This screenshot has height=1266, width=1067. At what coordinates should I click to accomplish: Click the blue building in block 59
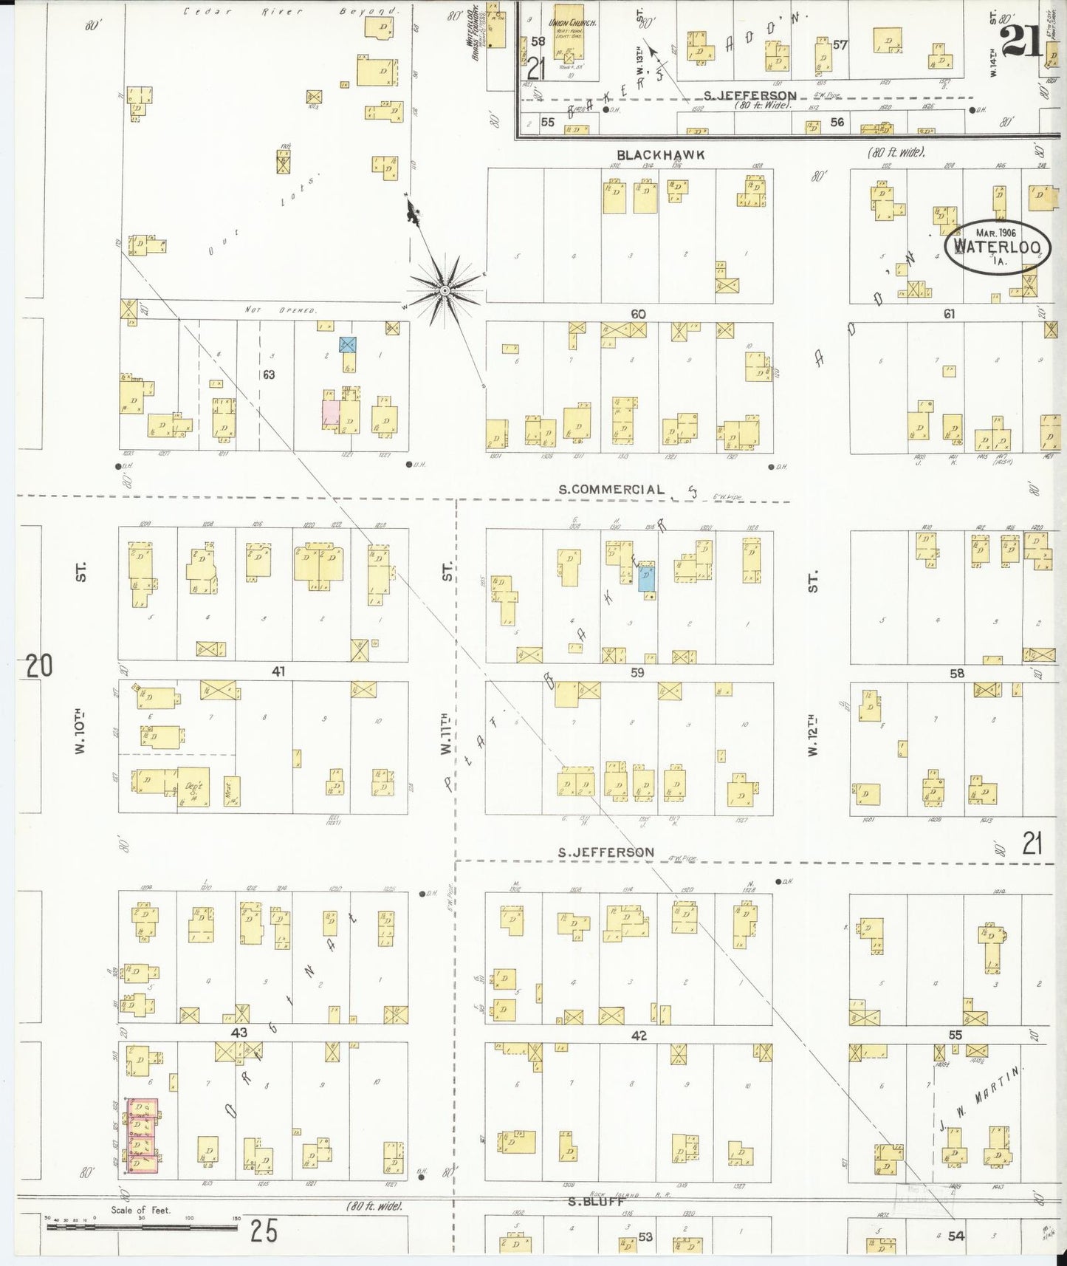pyautogui.click(x=646, y=576)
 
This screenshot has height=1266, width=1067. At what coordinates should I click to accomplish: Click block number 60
pyautogui.click(x=638, y=314)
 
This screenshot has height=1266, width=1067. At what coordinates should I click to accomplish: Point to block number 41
pyautogui.click(x=278, y=671)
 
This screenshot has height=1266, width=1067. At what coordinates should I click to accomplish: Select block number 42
pyautogui.click(x=639, y=1036)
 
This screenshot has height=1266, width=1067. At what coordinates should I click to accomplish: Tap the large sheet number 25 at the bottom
pyautogui.click(x=264, y=1231)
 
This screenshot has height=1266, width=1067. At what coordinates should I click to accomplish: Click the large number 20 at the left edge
pyautogui.click(x=38, y=666)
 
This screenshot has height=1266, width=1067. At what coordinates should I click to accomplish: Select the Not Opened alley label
pyautogui.click(x=281, y=310)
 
